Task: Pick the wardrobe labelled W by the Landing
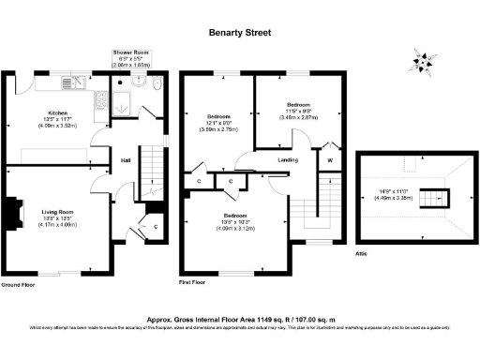(x=329, y=160)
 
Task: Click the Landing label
(x=289, y=160)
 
